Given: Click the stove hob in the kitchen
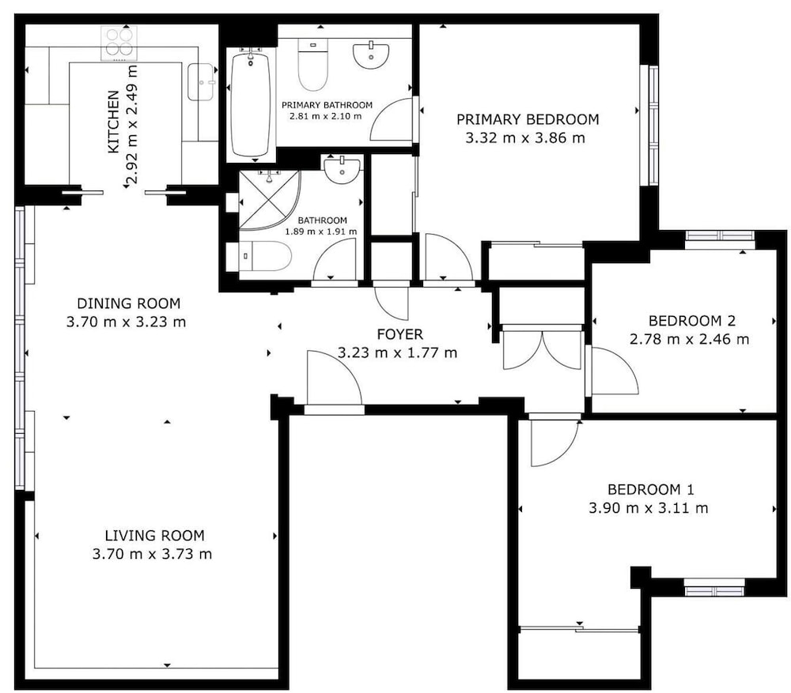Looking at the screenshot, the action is [119, 43].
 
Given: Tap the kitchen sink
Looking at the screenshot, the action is [201, 81].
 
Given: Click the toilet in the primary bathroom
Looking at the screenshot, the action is [312, 65].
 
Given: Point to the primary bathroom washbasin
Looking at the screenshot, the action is [371, 56].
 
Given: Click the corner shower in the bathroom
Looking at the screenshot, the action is [270, 200].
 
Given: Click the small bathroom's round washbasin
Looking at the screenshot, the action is [342, 170].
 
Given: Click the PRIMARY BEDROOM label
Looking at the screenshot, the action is [528, 119].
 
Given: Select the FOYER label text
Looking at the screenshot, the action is [400, 334].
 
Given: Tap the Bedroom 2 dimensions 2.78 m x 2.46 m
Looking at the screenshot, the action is [689, 339].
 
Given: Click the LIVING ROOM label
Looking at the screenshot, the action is [154, 535].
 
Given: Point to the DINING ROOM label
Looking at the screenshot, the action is [129, 303].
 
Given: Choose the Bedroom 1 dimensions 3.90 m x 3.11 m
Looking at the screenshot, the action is [649, 508].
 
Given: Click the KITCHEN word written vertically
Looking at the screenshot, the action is [114, 122].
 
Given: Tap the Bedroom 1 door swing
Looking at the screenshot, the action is [555, 443].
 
